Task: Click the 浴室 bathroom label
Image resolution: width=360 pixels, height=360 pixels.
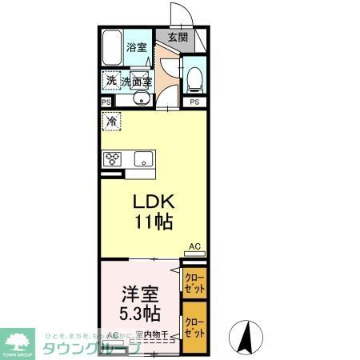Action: [x=137, y=48]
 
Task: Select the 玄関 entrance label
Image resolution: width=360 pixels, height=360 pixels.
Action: [x=178, y=37]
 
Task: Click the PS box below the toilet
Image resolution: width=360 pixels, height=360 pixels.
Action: [x=194, y=102]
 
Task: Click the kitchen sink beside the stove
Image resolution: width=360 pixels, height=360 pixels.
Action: [x=143, y=158]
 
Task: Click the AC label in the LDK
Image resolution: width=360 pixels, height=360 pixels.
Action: [x=194, y=246]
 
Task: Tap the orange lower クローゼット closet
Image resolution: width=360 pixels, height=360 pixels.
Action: [x=194, y=325]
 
